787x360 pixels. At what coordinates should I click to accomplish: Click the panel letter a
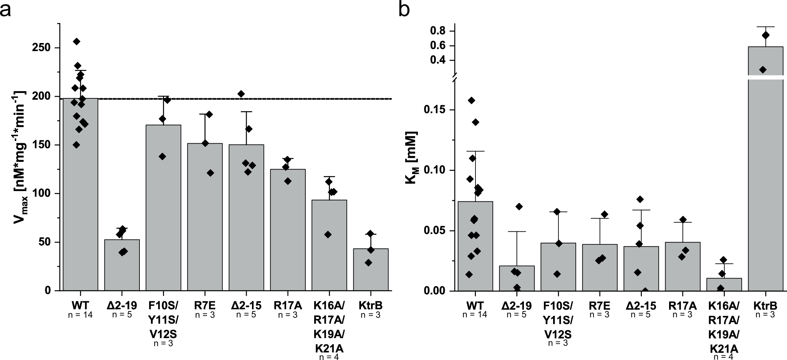6,10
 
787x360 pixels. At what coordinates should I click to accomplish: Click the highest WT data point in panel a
76,41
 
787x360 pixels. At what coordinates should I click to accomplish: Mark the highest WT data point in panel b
471,101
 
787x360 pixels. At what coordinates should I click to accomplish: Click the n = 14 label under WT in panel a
80,315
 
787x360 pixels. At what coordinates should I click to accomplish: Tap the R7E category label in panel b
599,306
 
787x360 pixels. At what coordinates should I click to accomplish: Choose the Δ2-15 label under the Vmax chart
246,306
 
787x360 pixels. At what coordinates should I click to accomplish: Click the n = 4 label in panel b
724,357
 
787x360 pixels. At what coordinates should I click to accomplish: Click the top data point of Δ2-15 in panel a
241,94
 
